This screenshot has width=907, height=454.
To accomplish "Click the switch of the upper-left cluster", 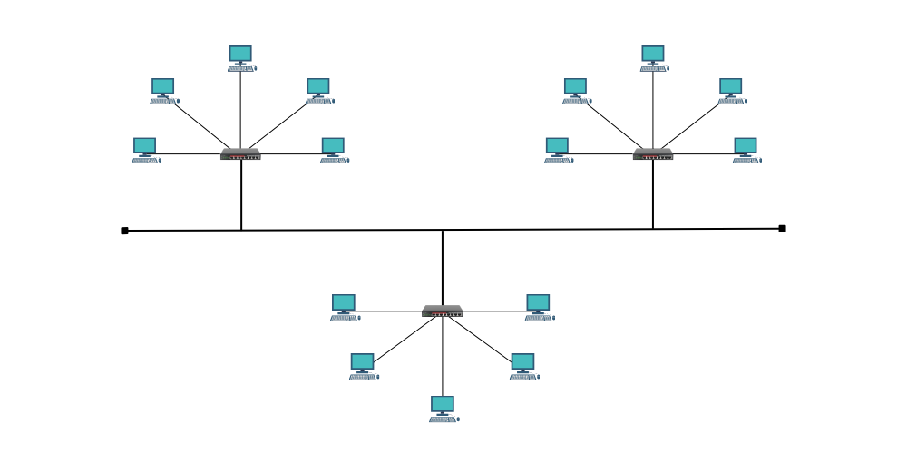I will click(240, 154).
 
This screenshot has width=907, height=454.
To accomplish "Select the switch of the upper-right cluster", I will click(653, 154).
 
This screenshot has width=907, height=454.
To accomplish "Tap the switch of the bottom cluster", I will click(443, 311).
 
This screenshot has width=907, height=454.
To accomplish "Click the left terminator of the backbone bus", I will click(124, 231).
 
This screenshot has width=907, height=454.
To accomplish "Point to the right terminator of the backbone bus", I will click(782, 229).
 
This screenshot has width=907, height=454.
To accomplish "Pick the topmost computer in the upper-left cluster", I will click(240, 57).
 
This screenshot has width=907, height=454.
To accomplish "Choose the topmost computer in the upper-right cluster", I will click(653, 57).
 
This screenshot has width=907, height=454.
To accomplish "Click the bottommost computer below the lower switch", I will click(443, 408).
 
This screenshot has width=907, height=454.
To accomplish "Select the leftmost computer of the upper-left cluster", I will click(145, 150).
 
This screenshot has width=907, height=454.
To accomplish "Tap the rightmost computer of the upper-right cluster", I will click(746, 150).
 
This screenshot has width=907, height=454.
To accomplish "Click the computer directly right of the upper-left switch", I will click(333, 150).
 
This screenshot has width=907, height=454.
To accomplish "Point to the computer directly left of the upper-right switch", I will click(557, 150).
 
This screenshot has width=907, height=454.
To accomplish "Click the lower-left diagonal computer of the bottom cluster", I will click(363, 366).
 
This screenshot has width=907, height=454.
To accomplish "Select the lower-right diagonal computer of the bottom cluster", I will click(522, 366).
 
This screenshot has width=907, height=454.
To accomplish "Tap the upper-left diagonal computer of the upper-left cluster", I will click(163, 90).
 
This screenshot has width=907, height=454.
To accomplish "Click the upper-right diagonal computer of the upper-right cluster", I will click(731, 90).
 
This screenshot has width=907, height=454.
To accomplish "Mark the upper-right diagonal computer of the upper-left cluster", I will click(318, 90).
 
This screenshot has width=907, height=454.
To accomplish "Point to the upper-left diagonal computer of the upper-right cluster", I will click(575, 90).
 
